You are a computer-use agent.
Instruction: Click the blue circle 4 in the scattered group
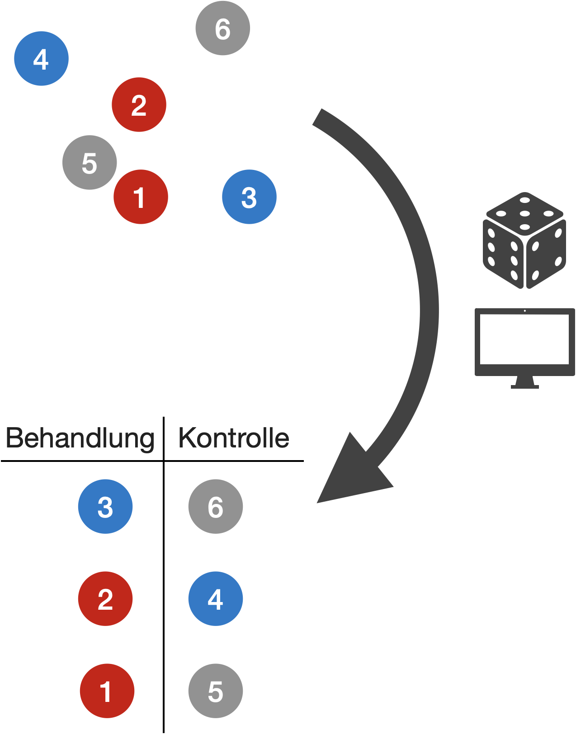pyautogui.click(x=41, y=59)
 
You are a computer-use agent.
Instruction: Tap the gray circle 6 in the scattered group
pyautogui.click(x=222, y=28)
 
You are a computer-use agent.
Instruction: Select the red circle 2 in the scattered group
pyautogui.click(x=139, y=105)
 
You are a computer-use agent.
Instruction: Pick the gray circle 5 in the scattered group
pyautogui.click(x=90, y=163)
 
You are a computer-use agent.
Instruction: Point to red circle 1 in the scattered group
pyautogui.click(x=140, y=197)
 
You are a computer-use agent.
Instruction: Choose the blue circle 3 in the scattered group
pyautogui.click(x=249, y=197)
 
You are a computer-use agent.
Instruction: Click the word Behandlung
pyautogui.click(x=80, y=438)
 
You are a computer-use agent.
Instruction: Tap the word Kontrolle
pyautogui.click(x=234, y=438)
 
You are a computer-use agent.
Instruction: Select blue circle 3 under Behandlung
pyautogui.click(x=105, y=507)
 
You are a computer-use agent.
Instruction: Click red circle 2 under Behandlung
pyautogui.click(x=105, y=599)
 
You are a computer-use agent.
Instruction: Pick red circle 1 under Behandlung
pyautogui.click(x=107, y=691)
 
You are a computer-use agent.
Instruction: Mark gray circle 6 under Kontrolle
pyautogui.click(x=216, y=507)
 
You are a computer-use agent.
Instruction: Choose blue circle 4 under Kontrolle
pyautogui.click(x=216, y=599)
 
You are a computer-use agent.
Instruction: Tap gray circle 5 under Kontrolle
pyautogui.click(x=216, y=691)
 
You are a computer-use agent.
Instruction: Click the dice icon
pyautogui.click(x=524, y=240)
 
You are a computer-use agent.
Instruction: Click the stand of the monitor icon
pyautogui.click(x=524, y=383)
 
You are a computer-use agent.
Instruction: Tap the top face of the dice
pyautogui.click(x=524, y=212)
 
